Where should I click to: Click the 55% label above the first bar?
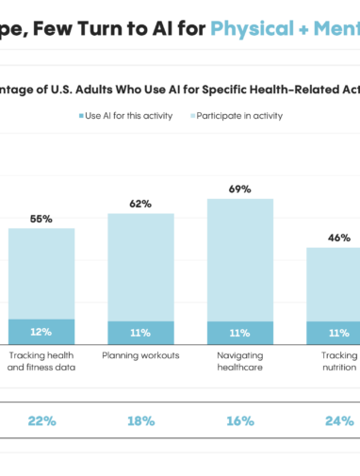click(x=41, y=219)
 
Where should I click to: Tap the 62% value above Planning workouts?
click(x=140, y=204)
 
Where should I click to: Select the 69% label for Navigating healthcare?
click(x=239, y=189)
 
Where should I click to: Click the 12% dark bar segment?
click(x=41, y=332)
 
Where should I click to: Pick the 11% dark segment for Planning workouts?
click(x=140, y=333)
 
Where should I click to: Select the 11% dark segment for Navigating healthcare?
click(x=239, y=333)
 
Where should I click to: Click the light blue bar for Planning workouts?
click(x=140, y=267)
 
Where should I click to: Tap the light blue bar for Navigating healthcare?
click(x=239, y=259)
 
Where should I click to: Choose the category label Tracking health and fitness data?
click(x=41, y=362)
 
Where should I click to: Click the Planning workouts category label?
click(x=140, y=356)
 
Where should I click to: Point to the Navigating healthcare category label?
click(x=239, y=362)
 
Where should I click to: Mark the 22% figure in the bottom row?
click(x=41, y=421)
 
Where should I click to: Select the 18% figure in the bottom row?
click(x=140, y=421)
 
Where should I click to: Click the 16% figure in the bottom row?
click(x=239, y=421)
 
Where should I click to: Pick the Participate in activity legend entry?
click(x=236, y=116)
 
